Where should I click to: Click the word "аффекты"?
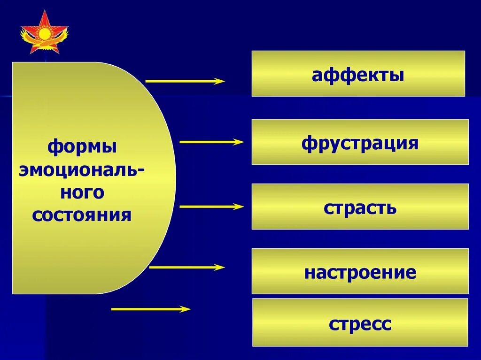tap(358, 75)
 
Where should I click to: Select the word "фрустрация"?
tap(360, 143)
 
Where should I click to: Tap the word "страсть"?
tap(360, 207)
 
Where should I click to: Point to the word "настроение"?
tap(360, 272)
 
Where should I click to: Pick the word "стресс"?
tap(360, 324)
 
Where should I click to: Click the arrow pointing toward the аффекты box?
tap(185, 81)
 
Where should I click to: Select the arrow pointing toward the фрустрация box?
tap(211, 142)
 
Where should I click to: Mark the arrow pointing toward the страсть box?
tap(211, 207)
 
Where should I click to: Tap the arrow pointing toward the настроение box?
tap(187, 267)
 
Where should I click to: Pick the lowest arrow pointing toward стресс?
tap(151, 309)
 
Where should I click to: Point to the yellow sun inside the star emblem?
tap(45, 33)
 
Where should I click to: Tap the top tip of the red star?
tap(46, 12)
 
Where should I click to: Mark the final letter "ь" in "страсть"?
tap(391, 208)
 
